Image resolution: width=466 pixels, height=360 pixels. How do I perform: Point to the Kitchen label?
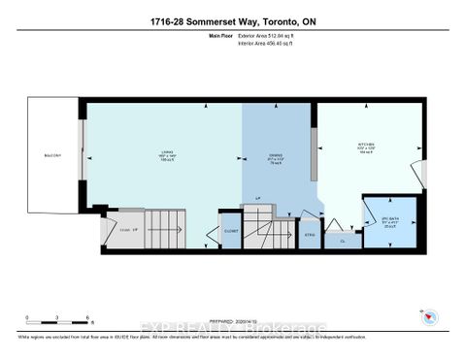pos(368,148)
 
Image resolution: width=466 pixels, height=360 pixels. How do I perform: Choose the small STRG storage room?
pos(310,234)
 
